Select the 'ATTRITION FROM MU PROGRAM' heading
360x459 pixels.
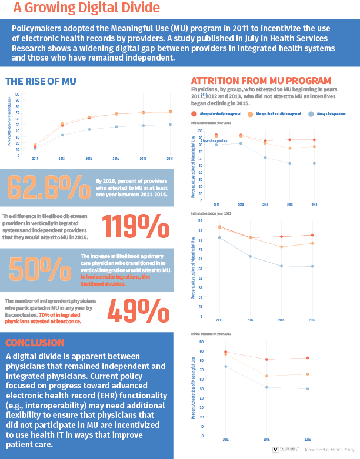coord(261,81)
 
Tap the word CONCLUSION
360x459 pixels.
coord(35,343)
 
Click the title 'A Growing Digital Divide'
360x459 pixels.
coord(86,8)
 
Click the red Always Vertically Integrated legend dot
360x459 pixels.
coord(194,113)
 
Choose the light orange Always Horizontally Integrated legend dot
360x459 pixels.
coord(251,113)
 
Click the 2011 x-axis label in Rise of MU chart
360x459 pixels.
coord(35,159)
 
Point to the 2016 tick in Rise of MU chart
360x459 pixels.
coord(170,159)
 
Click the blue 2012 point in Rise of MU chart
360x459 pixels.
coord(62,135)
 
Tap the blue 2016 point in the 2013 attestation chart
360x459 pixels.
coord(307,388)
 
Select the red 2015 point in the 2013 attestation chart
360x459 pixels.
coord(267,360)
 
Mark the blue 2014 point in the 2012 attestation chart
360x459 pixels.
coord(250,256)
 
